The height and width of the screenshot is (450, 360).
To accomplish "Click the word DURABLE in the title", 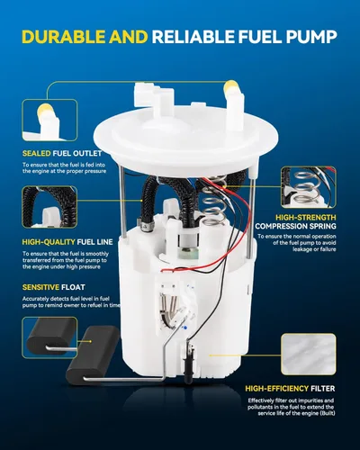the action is [x=64, y=37].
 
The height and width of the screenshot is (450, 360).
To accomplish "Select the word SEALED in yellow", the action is [x=37, y=153].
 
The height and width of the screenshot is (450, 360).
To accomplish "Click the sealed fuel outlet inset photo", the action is [x=49, y=121].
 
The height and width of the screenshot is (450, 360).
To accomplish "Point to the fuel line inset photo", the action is [x=49, y=207].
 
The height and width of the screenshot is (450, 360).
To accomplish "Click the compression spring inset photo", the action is [x=309, y=187].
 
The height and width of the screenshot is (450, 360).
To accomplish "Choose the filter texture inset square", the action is [x=309, y=355].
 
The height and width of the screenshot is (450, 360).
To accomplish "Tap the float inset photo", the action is [x=49, y=337].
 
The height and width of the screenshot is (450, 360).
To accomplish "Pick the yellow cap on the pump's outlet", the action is [x=231, y=87].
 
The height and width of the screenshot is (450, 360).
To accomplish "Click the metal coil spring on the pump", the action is [x=213, y=201].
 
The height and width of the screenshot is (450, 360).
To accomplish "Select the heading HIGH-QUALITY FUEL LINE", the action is [x=67, y=242].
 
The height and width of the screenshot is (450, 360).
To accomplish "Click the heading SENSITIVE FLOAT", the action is [x=54, y=287].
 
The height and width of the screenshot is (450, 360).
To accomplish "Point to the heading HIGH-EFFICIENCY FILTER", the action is [x=290, y=389].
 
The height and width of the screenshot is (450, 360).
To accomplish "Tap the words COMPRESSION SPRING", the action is [x=295, y=226].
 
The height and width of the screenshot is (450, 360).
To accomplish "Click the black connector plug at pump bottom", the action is [x=188, y=364].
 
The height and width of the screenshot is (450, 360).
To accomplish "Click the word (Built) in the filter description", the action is [x=328, y=413].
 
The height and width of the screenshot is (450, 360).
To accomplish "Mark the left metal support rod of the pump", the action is [x=122, y=201].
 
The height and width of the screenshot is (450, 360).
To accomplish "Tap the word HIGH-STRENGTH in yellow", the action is [x=306, y=218].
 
